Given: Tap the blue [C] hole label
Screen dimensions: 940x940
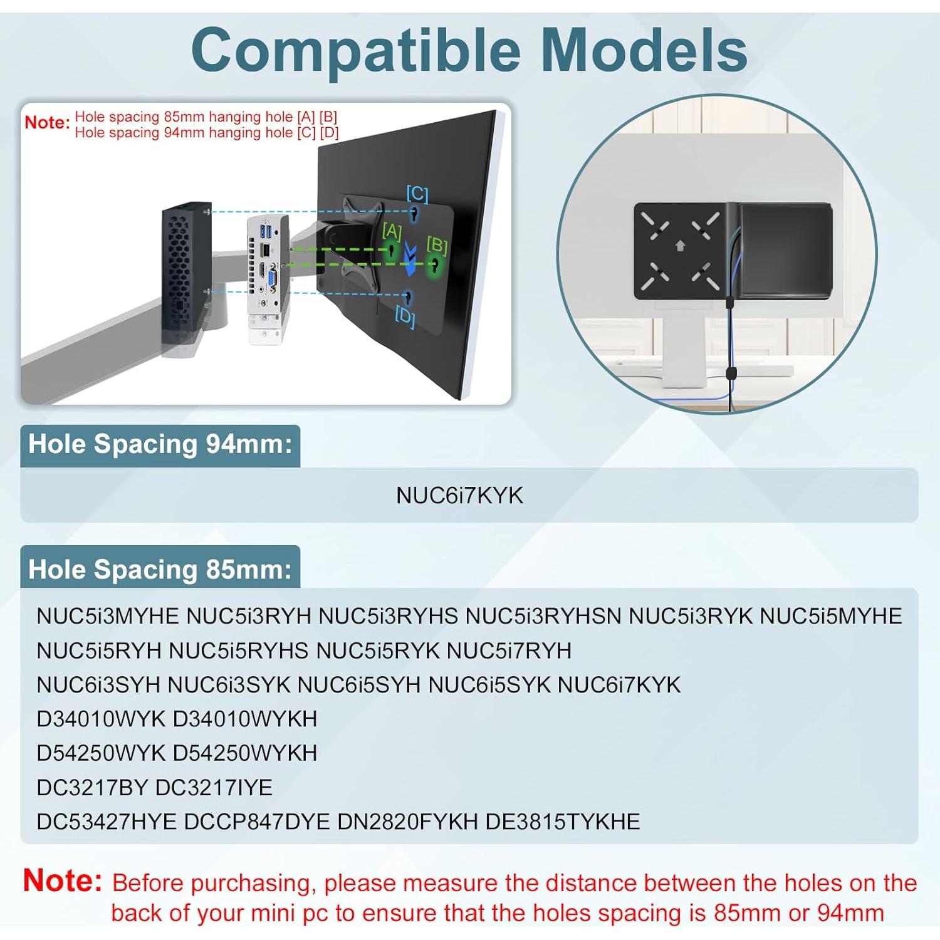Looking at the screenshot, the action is [x=417, y=194].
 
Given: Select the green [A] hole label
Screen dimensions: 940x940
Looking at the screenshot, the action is [x=392, y=231].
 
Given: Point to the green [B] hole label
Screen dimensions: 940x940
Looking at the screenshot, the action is [x=437, y=245].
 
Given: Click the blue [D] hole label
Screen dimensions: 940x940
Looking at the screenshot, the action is [x=405, y=316].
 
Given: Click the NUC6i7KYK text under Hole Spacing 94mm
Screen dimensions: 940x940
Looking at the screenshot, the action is [x=459, y=496].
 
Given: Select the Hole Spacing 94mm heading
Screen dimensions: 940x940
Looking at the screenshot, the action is [x=160, y=444].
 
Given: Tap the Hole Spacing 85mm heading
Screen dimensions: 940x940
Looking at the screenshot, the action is [x=160, y=570].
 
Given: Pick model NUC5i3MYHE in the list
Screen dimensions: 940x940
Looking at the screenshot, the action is [x=108, y=616].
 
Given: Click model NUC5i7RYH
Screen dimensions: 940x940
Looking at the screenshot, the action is [x=509, y=650].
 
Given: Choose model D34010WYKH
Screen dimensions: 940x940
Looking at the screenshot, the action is [x=244, y=719].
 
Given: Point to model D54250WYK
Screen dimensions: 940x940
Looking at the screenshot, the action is [x=101, y=753].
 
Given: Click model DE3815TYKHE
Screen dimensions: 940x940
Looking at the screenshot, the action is [x=563, y=822].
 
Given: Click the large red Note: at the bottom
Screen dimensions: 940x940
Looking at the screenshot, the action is [x=63, y=880].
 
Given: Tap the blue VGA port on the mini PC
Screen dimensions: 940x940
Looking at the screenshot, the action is [x=273, y=280].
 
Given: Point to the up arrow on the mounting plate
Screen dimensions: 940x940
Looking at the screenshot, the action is [x=681, y=246].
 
